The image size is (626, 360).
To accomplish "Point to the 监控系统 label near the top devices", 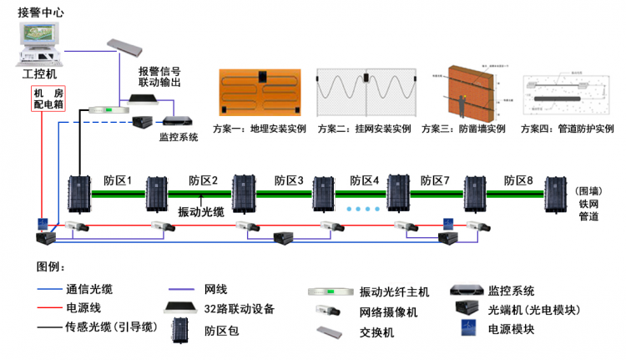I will coord(179,136).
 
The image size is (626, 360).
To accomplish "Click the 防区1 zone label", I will coord(119,180).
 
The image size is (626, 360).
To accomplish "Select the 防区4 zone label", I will coord(365,180).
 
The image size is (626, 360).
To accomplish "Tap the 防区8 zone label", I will coord(519,180).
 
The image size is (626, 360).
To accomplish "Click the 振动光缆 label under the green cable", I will coord(201,212).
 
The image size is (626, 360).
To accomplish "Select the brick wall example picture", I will coord(469,94).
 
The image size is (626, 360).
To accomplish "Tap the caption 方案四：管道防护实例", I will coord(567,129).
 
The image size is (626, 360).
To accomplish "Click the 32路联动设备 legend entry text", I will coord(240,308).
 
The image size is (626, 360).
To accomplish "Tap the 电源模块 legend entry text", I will coord(512,330).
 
